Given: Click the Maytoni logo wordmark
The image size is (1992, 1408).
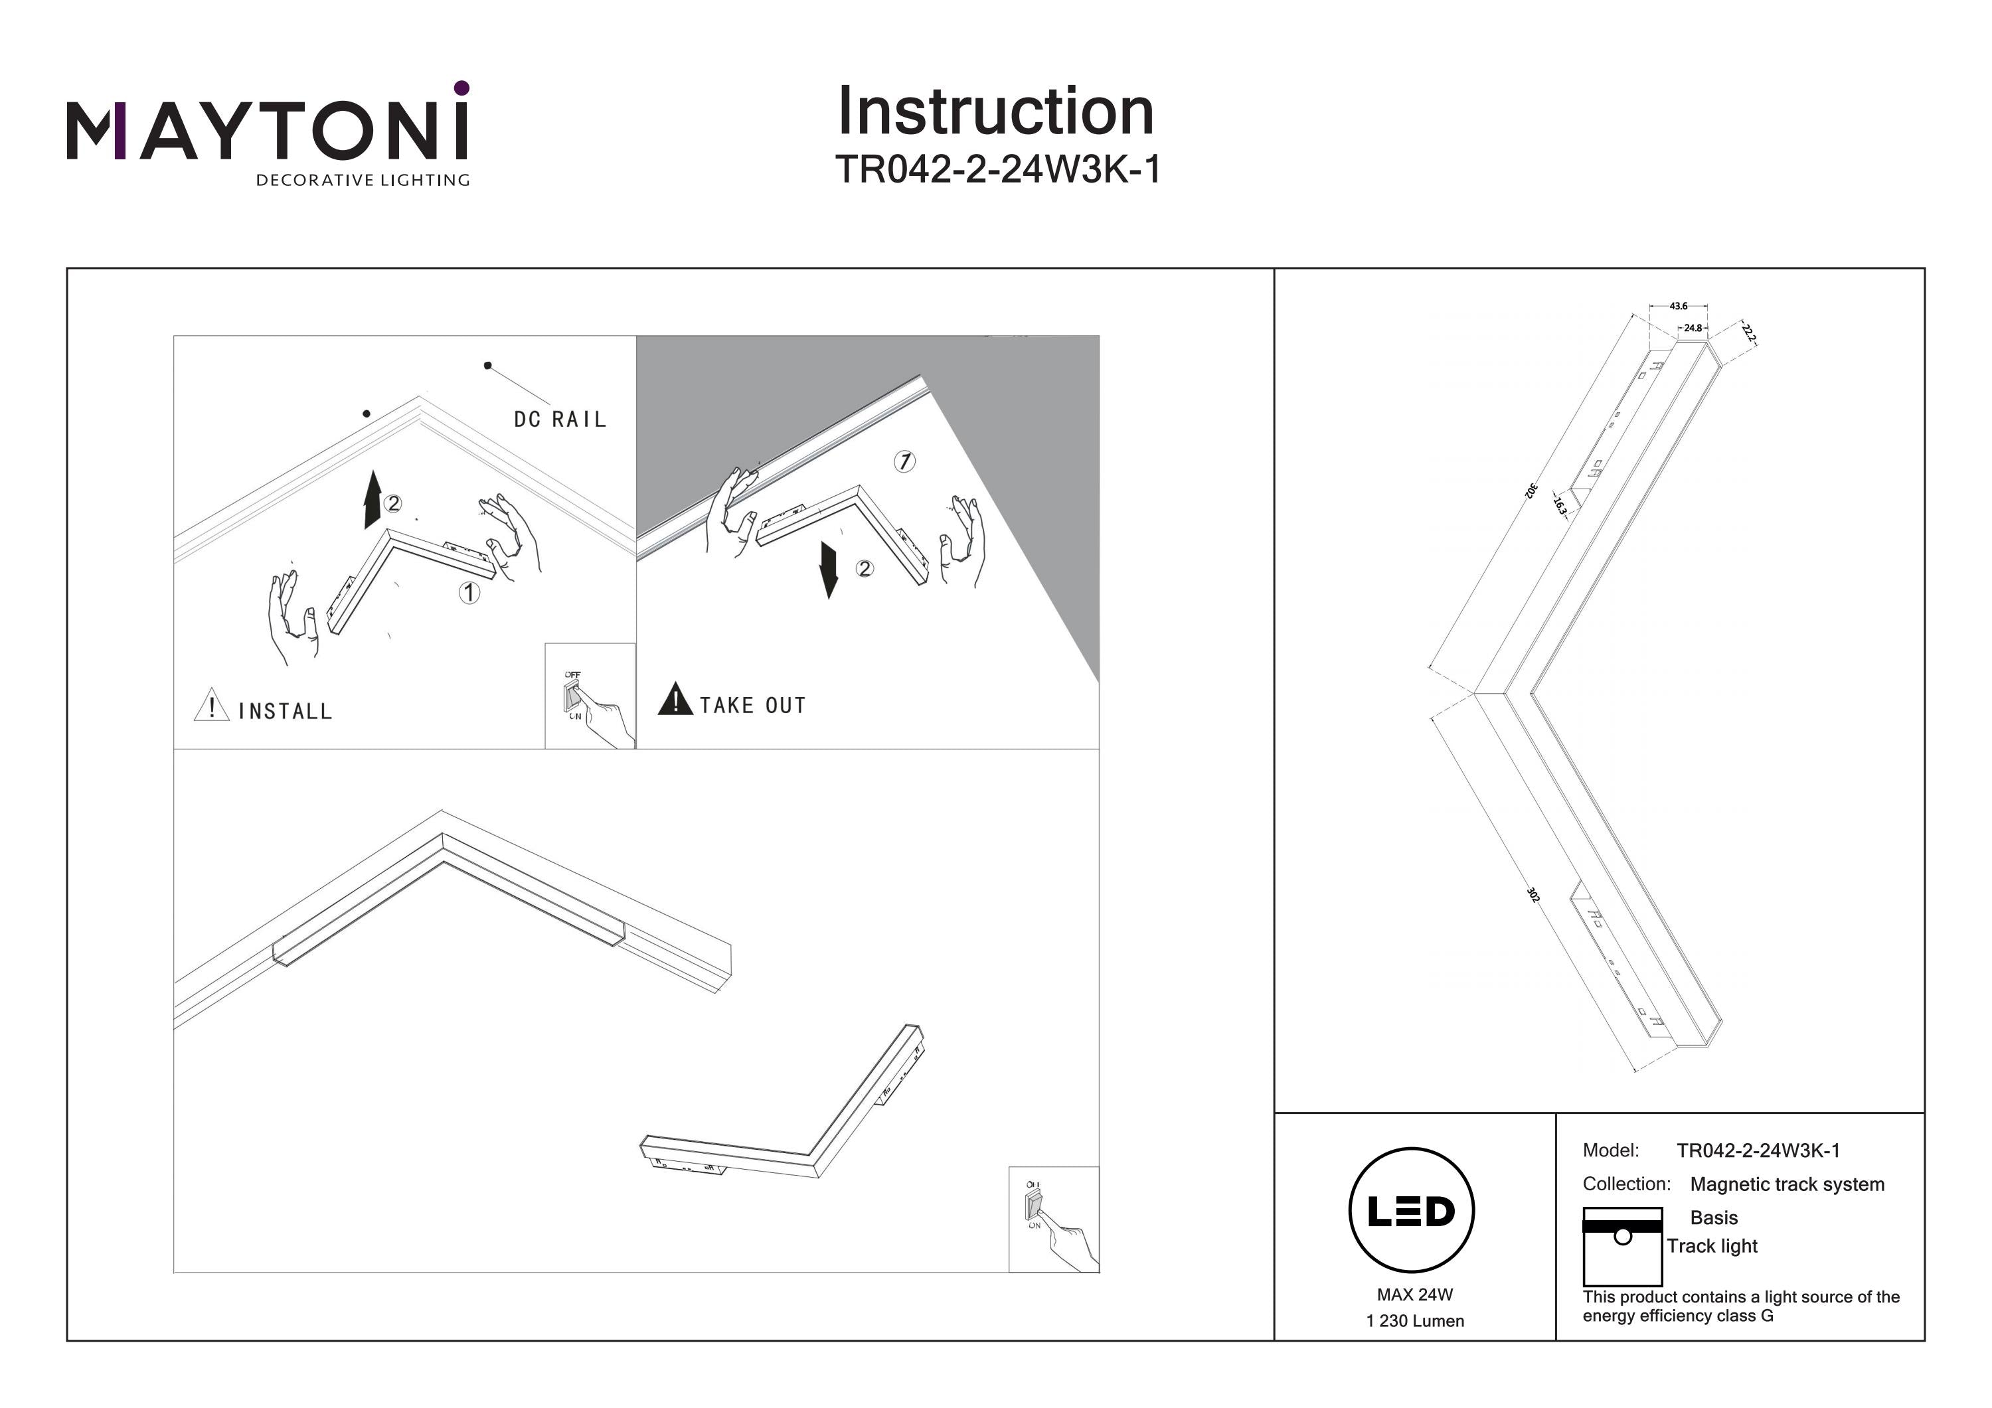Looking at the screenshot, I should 267,130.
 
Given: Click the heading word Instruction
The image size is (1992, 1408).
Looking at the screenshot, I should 995,112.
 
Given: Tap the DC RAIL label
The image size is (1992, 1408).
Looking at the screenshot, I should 560,420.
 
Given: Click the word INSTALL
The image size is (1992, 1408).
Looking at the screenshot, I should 286,712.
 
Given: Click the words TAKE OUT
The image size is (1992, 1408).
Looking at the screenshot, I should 753,705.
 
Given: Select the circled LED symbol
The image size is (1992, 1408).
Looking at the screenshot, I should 1412,1210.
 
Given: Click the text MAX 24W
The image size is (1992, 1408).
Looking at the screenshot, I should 1414,1294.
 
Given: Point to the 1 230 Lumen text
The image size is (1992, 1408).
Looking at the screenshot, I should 1414,1321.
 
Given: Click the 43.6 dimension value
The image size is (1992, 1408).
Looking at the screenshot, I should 1678,306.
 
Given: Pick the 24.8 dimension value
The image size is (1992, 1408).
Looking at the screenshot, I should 1693,329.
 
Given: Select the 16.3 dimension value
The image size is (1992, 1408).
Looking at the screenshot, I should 1559,506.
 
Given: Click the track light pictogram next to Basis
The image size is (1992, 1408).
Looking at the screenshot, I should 1621,1246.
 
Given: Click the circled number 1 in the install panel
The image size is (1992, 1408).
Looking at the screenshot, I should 469,593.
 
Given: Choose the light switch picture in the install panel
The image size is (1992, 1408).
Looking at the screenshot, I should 589,696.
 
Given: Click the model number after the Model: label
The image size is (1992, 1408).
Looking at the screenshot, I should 1758,1150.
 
